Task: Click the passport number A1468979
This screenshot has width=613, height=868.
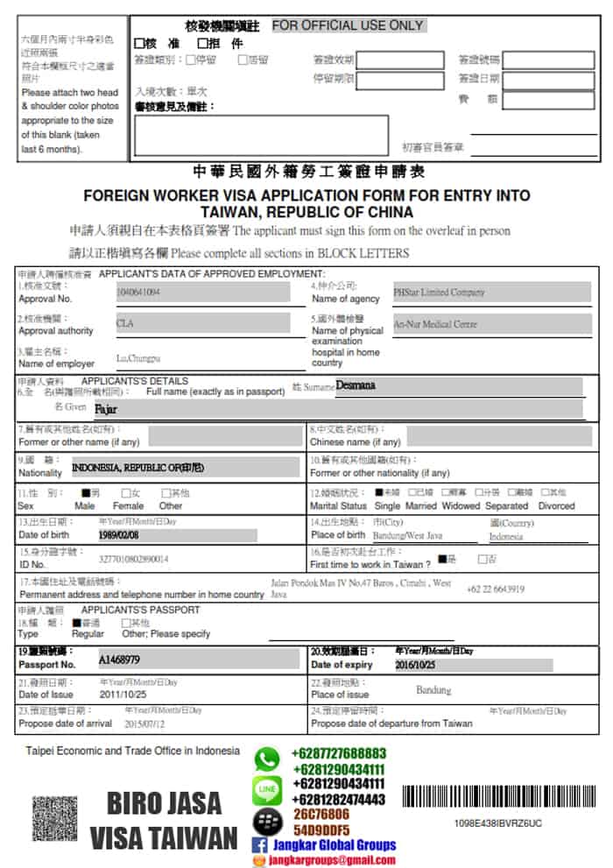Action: [x=119, y=659]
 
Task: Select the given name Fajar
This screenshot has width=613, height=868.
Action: [x=105, y=408]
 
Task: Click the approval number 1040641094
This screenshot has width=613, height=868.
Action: [x=138, y=292]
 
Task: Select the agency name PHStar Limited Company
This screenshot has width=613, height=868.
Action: [x=439, y=292]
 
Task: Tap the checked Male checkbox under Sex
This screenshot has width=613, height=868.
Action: [x=86, y=493]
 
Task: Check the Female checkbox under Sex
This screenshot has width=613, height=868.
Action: [x=126, y=493]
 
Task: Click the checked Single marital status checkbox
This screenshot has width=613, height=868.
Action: [x=379, y=493]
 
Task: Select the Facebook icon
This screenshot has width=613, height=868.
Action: [x=259, y=845]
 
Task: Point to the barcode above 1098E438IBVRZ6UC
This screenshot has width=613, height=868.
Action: [x=490, y=796]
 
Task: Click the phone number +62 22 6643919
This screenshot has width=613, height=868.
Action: [x=496, y=589]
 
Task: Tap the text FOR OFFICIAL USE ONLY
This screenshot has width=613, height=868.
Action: [x=348, y=25]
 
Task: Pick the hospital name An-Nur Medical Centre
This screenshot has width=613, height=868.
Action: [x=435, y=324]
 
